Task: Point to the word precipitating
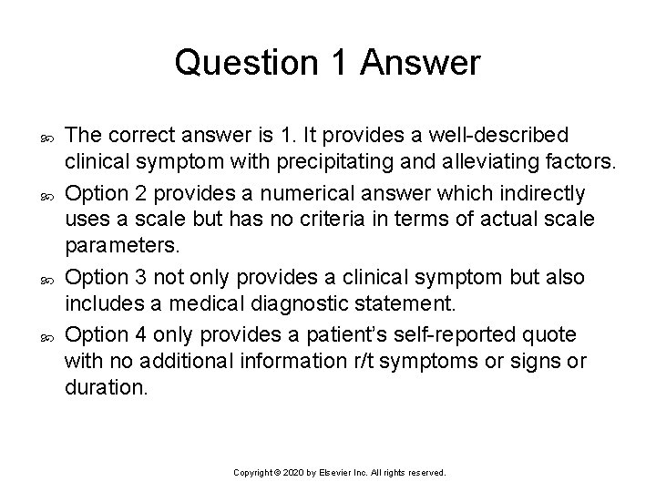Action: point(323,163)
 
